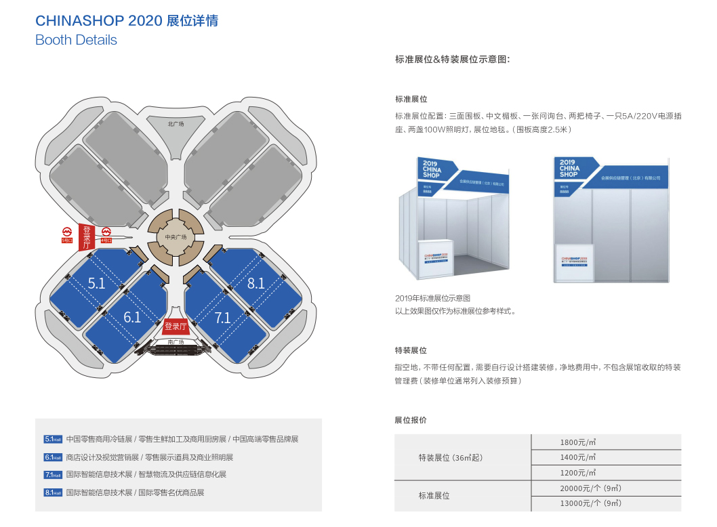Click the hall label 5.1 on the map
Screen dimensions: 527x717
(x=97, y=283)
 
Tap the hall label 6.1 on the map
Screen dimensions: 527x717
(x=132, y=316)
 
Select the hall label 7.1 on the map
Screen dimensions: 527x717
(x=223, y=317)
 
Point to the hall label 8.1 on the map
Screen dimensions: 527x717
(x=256, y=283)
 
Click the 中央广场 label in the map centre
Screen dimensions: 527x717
(x=175, y=237)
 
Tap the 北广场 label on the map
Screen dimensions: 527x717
(x=176, y=124)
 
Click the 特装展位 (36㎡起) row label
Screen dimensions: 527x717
(x=449, y=458)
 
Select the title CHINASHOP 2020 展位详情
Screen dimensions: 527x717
(x=127, y=21)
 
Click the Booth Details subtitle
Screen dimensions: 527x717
(x=76, y=40)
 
